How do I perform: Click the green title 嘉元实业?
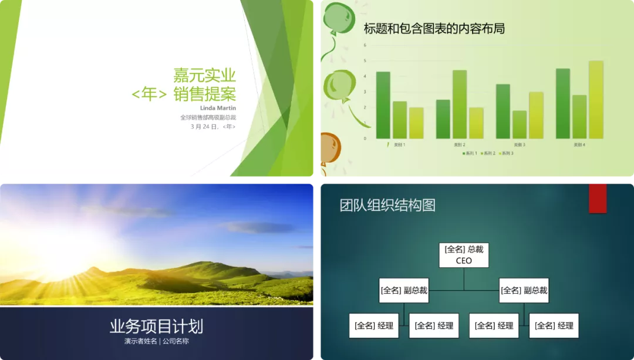(x=204, y=75)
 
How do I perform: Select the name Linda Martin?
(x=218, y=108)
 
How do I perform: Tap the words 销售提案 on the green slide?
(x=205, y=93)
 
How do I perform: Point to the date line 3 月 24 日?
(x=213, y=126)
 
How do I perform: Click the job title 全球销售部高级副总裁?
(x=208, y=117)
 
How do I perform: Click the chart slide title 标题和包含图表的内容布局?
(x=434, y=28)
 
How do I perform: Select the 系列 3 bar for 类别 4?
(x=596, y=100)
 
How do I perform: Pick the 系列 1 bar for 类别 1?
(x=383, y=105)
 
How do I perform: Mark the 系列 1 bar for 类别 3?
(x=503, y=112)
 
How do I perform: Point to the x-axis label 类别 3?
(x=519, y=144)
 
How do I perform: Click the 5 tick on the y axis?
(x=365, y=60)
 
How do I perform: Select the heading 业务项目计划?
(x=156, y=327)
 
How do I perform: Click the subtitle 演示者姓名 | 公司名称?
(x=156, y=341)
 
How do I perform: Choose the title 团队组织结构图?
(x=387, y=205)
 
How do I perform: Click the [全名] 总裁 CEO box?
(x=464, y=255)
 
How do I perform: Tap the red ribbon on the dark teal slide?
(x=598, y=197)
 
